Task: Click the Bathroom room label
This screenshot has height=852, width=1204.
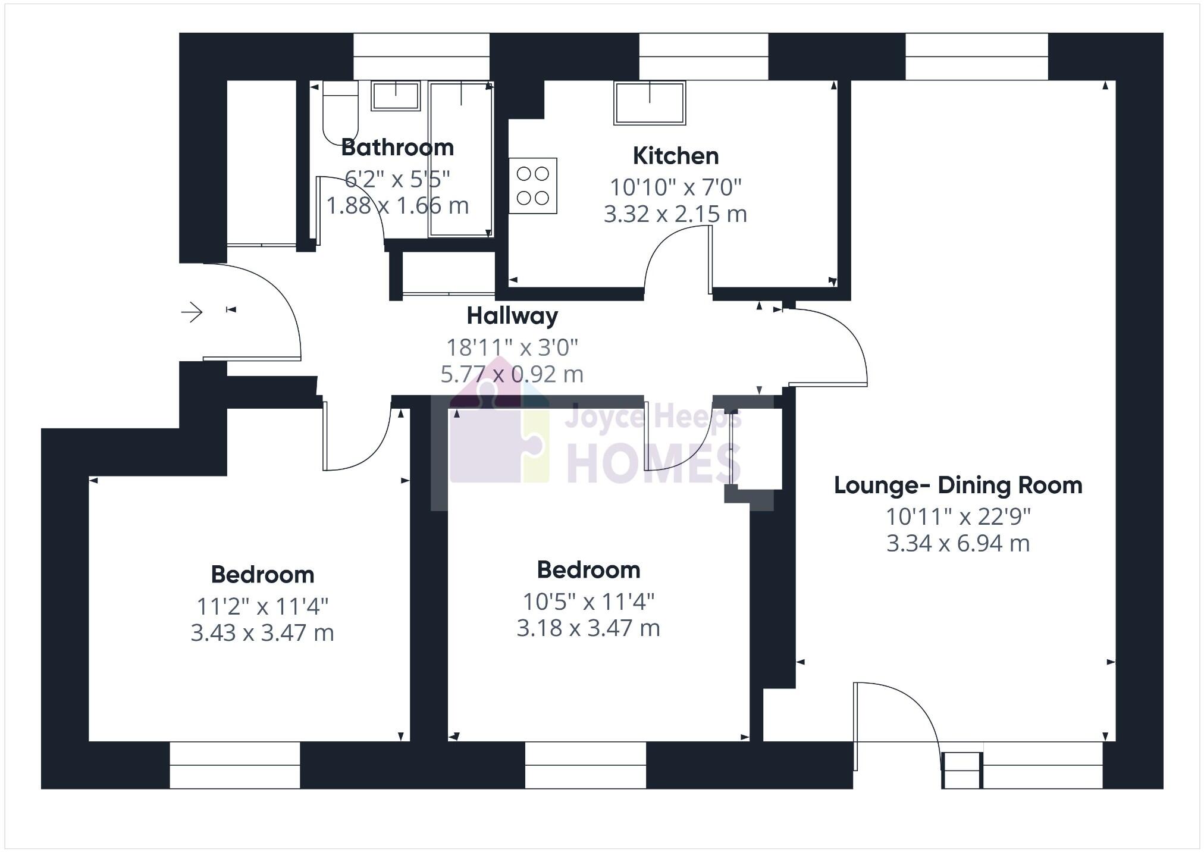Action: (397, 147)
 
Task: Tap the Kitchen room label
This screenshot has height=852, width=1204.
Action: (675, 156)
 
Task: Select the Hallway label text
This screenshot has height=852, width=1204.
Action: (512, 315)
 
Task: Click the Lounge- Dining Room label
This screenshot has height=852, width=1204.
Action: (958, 485)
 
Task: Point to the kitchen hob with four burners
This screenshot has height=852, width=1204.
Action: (532, 185)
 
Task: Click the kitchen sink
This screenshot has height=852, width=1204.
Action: (650, 103)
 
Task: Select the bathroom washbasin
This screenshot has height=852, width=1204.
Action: (396, 96)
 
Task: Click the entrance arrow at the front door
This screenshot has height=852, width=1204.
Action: (192, 312)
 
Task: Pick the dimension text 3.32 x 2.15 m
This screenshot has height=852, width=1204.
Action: (675, 214)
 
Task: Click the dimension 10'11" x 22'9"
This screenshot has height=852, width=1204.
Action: (958, 516)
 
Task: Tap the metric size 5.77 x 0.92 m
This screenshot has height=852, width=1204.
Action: (512, 374)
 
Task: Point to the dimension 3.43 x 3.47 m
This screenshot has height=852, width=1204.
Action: (262, 632)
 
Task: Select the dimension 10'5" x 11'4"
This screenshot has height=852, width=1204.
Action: (588, 602)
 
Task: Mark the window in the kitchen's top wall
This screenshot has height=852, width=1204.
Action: (703, 57)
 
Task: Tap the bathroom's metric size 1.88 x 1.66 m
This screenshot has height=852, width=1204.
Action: (397, 206)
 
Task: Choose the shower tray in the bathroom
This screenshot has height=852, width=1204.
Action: (460, 159)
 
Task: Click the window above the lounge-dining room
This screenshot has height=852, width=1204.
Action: (976, 57)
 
